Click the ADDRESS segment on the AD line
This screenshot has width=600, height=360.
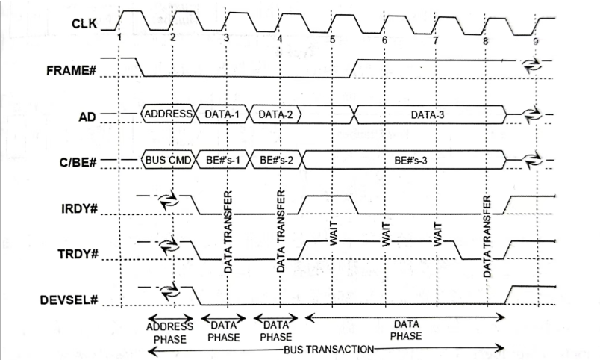(x=169, y=114)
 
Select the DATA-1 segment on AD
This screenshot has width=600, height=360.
(x=224, y=114)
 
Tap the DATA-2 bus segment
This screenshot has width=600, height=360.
(x=276, y=114)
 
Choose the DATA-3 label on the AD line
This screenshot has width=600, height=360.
(x=431, y=115)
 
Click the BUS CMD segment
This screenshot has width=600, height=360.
(x=169, y=160)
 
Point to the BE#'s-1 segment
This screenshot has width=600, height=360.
(x=224, y=160)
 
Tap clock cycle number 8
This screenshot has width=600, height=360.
(x=486, y=39)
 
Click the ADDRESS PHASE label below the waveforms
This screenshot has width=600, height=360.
(x=169, y=332)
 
